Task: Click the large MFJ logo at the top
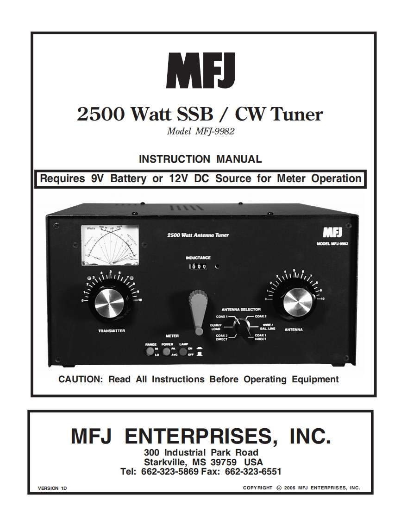point(200,70)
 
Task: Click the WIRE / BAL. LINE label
point(267,326)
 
